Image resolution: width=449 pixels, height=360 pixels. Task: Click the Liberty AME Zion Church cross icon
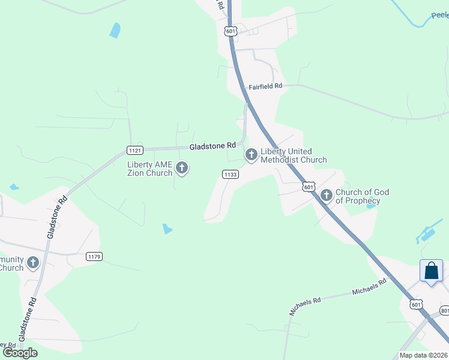click(x=182, y=169)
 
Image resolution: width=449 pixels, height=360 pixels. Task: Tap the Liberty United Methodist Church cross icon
click(x=251, y=155)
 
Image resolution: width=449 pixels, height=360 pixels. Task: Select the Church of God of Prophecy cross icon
click(x=327, y=195)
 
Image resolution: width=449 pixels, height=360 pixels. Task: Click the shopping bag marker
click(x=431, y=271)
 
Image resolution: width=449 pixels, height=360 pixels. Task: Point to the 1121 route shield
click(x=135, y=149)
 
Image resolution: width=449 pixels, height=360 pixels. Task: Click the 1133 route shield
click(x=231, y=174)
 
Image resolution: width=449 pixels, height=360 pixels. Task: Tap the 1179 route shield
click(x=94, y=256)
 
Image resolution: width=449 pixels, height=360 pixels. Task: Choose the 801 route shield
click(x=444, y=311)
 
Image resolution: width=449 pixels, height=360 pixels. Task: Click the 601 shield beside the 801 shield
click(x=416, y=305)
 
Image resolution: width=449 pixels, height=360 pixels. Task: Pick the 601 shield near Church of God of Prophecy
click(x=309, y=187)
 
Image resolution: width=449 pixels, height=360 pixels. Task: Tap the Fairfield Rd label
click(x=266, y=86)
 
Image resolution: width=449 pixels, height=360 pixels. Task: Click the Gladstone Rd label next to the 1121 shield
click(x=212, y=146)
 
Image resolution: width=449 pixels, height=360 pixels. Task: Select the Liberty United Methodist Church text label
click(x=294, y=155)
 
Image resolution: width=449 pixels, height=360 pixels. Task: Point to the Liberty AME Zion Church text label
click(x=149, y=169)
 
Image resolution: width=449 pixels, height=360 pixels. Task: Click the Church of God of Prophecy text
click(x=362, y=196)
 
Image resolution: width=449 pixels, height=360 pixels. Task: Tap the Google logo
click(x=20, y=353)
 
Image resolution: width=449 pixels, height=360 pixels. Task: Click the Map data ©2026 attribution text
click(x=423, y=355)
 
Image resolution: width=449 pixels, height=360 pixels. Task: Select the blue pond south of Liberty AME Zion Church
click(x=167, y=229)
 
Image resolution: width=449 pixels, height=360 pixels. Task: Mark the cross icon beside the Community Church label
click(x=33, y=262)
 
